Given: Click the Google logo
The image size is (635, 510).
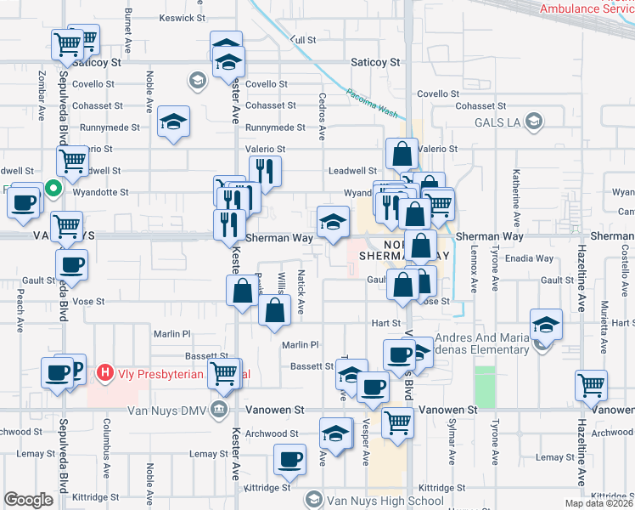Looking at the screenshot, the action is [28, 500].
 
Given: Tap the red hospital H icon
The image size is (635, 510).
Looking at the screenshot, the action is [104, 372].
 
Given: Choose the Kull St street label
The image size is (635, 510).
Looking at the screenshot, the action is [302, 40].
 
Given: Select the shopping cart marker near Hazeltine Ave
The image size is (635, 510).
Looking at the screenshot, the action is [591, 384].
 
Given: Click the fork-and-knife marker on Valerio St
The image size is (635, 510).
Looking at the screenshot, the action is [266, 172].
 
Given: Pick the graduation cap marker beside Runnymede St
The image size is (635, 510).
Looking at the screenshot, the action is [173, 122].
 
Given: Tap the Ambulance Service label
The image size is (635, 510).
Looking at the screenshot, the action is [586, 8].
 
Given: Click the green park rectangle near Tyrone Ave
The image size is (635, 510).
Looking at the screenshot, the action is [485, 386].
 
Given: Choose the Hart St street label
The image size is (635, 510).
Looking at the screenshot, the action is [385, 324].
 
